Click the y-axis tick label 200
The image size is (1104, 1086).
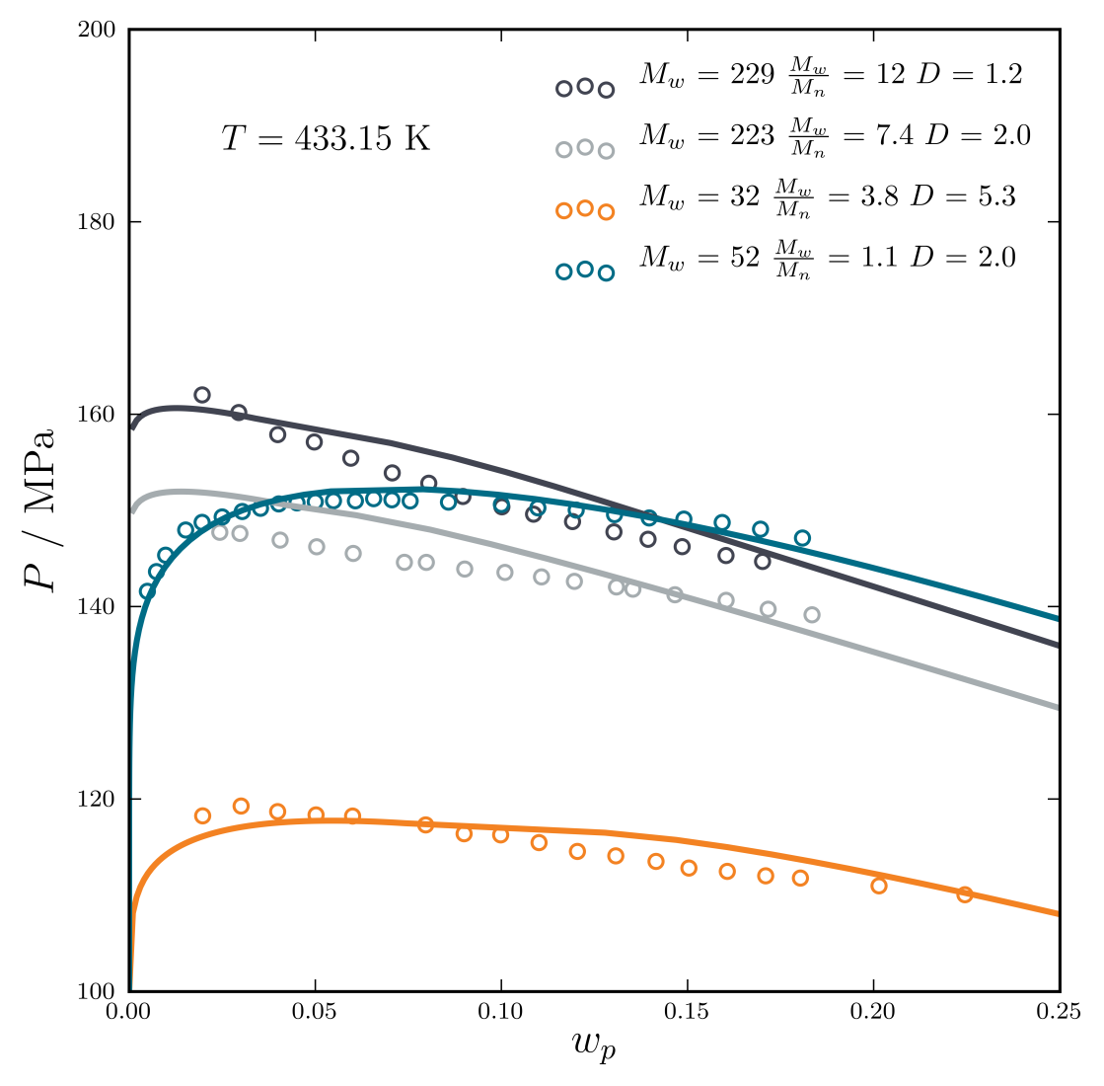[98, 30]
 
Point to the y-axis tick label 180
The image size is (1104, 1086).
[98, 222]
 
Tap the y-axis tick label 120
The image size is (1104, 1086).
[98, 799]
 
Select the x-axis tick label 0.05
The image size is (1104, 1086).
[315, 1012]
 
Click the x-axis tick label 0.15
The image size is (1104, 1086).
[687, 1012]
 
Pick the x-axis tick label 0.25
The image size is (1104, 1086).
[1059, 1012]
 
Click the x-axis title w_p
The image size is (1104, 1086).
[594, 1045]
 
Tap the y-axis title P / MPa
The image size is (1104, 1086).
[40, 509]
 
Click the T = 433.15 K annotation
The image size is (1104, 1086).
[326, 139]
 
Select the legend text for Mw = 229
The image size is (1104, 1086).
[830, 76]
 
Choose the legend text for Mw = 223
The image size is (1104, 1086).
[834, 137]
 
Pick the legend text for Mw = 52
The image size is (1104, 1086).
[826, 260]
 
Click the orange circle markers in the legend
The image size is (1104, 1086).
[585, 209]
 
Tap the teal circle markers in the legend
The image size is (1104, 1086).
[585, 271]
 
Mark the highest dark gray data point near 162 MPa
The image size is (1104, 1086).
[202, 395]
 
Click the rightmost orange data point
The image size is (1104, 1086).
[965, 894]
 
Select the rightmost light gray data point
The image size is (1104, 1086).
[812, 614]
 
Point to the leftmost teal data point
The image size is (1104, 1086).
[147, 591]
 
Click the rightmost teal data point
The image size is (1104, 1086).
[802, 538]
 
